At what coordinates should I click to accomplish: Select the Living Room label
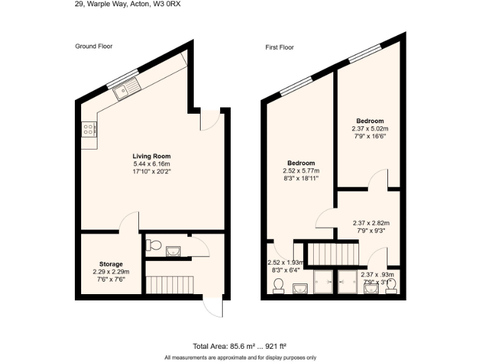pos(151,156)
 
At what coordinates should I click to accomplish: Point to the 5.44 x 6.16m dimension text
pos(151,163)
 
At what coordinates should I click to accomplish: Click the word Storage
pos(111,264)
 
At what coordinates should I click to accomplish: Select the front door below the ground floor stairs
pos(213,307)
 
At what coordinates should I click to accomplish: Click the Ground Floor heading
pos(93,47)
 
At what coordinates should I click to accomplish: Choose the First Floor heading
pos(279,47)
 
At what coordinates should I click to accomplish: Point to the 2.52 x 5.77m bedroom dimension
pos(301,171)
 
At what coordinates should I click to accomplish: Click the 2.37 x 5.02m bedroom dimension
pos(370,129)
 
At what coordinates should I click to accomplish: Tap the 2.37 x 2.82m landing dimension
pos(371,223)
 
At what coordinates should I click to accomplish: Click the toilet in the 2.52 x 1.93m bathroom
pos(278,286)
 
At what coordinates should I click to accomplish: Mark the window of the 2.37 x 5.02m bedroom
pos(364,53)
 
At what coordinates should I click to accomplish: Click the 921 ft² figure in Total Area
pos(274,346)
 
